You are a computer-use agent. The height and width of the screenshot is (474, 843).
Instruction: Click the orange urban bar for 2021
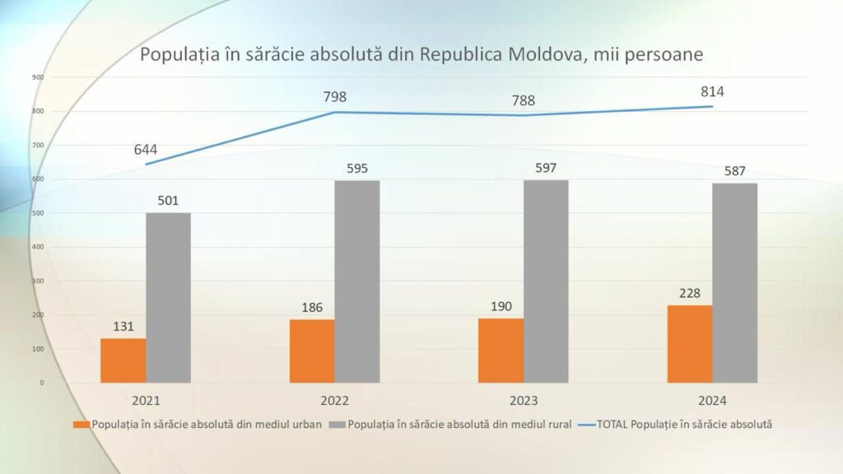point(123,360)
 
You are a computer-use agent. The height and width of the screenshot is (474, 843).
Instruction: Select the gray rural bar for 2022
point(357,281)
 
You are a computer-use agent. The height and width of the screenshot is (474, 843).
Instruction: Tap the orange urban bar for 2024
point(690,344)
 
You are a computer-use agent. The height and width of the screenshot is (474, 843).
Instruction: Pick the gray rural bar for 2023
point(546,281)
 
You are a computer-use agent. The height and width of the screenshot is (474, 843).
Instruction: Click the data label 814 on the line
point(712,92)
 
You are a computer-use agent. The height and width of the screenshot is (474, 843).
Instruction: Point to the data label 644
point(145,150)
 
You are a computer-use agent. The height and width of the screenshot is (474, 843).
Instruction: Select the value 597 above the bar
point(546,168)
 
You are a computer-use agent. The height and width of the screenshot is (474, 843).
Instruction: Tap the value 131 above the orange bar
point(123,326)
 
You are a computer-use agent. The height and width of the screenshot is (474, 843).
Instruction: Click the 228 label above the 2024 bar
point(690,293)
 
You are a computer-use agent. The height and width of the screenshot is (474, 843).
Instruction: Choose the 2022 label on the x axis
point(334,401)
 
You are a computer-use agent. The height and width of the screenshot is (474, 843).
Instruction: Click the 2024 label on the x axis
point(712,401)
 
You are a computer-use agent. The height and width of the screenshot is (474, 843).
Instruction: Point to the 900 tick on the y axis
point(38,77)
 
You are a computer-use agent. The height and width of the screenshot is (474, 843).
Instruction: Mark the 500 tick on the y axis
point(38,213)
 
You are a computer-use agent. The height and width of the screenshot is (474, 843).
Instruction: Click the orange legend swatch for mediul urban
point(82,425)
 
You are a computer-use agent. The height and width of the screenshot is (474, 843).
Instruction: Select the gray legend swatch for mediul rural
point(337,425)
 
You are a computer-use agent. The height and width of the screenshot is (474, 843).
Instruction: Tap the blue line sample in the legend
point(586,425)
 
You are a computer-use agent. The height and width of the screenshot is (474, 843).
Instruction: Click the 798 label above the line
point(334,97)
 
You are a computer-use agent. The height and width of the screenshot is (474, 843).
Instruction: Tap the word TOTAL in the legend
point(612,425)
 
